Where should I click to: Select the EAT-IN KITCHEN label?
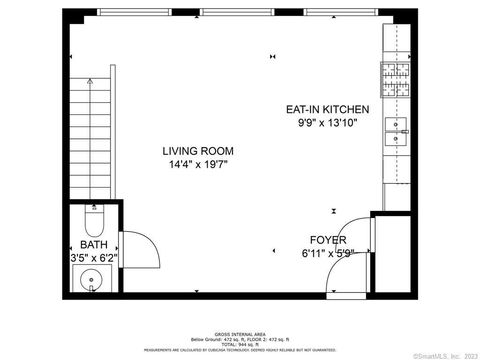pyautogui.click(x=327, y=109)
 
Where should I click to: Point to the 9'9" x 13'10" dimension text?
pyautogui.click(x=327, y=123)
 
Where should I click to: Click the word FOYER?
pyautogui.click(x=327, y=241)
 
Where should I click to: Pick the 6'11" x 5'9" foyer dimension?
pyautogui.click(x=327, y=254)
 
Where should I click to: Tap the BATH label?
pyautogui.click(x=94, y=244)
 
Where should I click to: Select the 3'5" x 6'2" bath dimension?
pyautogui.click(x=96, y=257)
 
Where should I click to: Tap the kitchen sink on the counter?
pyautogui.click(x=397, y=128)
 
